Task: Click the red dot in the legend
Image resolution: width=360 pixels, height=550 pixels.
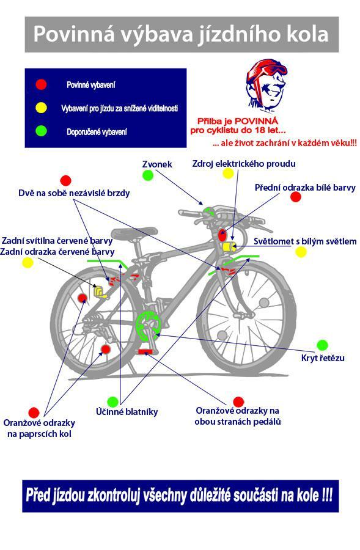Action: tap(41, 84)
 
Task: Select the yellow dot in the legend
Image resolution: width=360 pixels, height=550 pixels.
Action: tap(41, 108)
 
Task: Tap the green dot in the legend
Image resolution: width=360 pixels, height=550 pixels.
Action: tap(41, 131)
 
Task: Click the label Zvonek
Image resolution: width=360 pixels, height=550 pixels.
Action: tap(157, 164)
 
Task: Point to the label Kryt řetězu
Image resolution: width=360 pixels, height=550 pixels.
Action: tap(323, 358)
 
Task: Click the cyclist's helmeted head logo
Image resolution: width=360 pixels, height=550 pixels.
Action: tap(265, 84)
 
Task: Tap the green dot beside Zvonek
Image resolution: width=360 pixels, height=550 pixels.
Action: tap(148, 175)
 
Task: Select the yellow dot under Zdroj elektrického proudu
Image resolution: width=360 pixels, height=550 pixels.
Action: tap(228, 173)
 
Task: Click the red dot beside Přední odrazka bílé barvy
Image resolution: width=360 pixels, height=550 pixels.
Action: tap(296, 197)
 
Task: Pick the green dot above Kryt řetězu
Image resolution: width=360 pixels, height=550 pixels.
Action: tap(322, 345)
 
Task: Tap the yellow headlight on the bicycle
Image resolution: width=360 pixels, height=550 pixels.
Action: tap(229, 247)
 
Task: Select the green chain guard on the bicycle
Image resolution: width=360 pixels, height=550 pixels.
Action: tap(147, 326)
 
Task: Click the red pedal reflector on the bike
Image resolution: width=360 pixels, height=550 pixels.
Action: tap(145, 351)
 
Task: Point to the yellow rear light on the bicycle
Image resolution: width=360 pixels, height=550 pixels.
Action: tap(100, 292)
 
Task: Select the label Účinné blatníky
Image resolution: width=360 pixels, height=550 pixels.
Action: tap(127, 411)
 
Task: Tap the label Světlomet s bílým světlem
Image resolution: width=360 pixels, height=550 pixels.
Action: tap(305, 241)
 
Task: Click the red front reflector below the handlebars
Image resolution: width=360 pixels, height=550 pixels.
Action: tap(222, 235)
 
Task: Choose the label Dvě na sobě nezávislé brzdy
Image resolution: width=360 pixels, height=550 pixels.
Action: tap(74, 193)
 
